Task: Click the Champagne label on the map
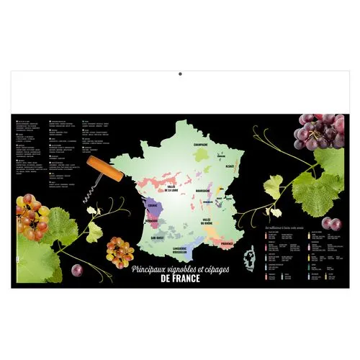(200, 143)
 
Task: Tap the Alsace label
(230, 166)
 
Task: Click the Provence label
(227, 244)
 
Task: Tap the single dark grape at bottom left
(77, 271)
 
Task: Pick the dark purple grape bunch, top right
(318, 130)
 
